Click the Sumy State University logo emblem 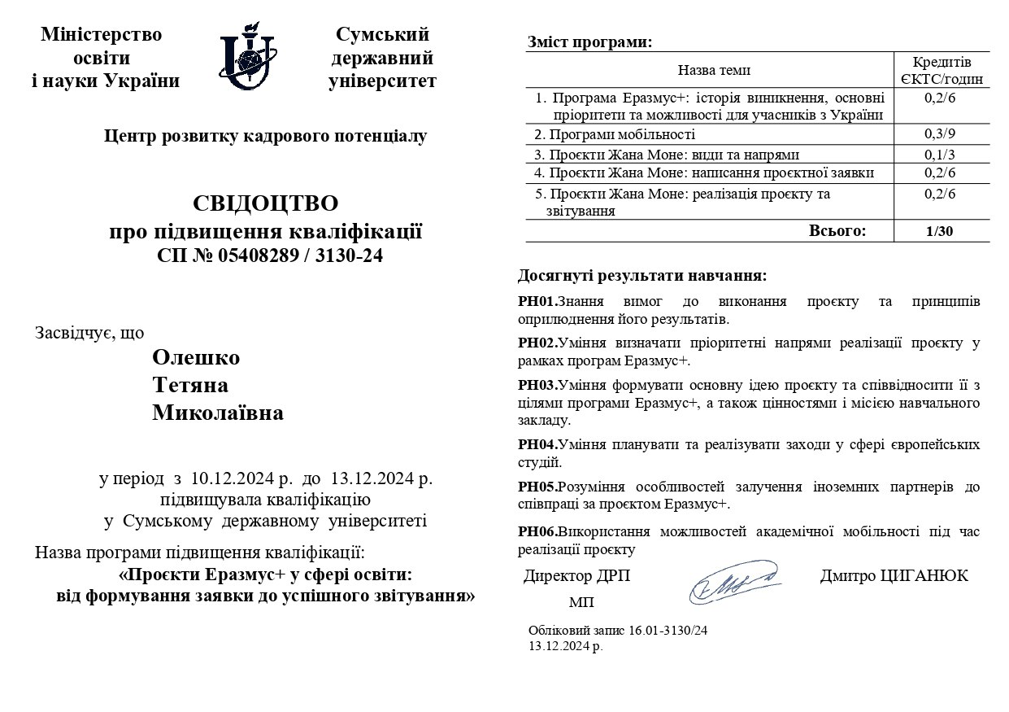pyautogui.click(x=248, y=59)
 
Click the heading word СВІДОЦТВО pyautogui.click(x=266, y=203)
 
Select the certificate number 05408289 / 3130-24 pyautogui.click(x=300, y=256)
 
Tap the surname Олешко pyautogui.click(x=197, y=358)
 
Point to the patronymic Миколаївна pyautogui.click(x=218, y=413)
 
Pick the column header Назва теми pyautogui.click(x=714, y=71)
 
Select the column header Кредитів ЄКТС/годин pyautogui.click(x=942, y=71)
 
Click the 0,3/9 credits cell pyautogui.click(x=941, y=133)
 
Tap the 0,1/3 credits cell pyautogui.click(x=941, y=154)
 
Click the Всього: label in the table pyautogui.click(x=837, y=231)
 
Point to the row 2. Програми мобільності pyautogui.click(x=615, y=134)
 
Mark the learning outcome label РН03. pyautogui.click(x=537, y=385)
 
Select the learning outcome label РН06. pyautogui.click(x=537, y=531)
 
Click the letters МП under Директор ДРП pyautogui.click(x=581, y=603)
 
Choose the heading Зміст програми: pyautogui.click(x=589, y=42)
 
